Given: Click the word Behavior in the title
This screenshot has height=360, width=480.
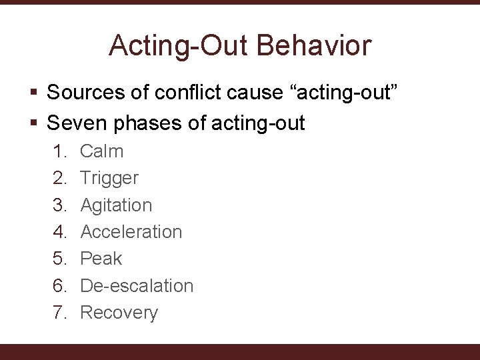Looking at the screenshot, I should (x=316, y=46).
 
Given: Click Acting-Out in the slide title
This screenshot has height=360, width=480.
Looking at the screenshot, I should (x=179, y=46).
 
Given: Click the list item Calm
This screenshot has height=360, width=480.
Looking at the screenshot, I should (x=101, y=151).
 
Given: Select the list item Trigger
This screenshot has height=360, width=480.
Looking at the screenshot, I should (x=109, y=178).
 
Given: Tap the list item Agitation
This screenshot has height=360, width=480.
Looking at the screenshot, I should (x=116, y=205).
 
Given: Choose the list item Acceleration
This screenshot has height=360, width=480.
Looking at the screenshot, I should (x=131, y=232).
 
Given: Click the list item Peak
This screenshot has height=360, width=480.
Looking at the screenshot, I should (x=101, y=259).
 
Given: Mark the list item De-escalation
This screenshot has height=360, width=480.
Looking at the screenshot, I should (x=137, y=285).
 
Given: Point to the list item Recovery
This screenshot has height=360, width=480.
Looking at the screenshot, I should (x=119, y=313).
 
